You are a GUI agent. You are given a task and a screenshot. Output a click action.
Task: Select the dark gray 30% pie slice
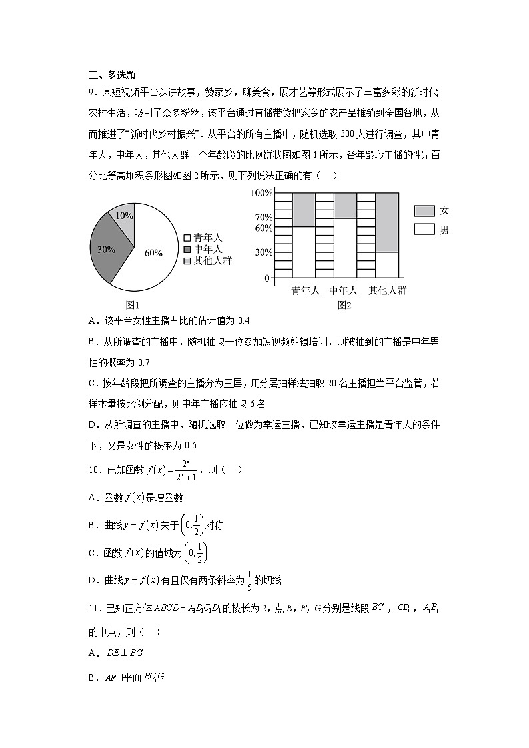point(107,250)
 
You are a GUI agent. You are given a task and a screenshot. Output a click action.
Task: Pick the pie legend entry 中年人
point(207,249)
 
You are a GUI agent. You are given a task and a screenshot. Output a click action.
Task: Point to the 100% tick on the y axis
point(261,193)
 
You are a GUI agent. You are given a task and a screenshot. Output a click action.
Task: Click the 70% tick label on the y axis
point(263,217)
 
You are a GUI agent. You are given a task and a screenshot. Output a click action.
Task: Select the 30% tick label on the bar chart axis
point(263,252)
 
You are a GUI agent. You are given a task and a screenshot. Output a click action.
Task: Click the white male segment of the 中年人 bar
point(344,247)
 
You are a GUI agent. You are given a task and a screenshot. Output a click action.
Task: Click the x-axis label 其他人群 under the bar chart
point(388,291)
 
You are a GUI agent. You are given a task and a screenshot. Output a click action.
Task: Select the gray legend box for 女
point(424,211)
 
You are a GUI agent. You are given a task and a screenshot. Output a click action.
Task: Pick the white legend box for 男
point(424,229)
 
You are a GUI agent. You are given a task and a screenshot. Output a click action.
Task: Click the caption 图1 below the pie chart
point(133,305)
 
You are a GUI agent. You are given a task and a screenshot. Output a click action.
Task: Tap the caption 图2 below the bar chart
point(344,305)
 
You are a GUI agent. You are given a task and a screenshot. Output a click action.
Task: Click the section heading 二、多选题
point(111,75)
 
